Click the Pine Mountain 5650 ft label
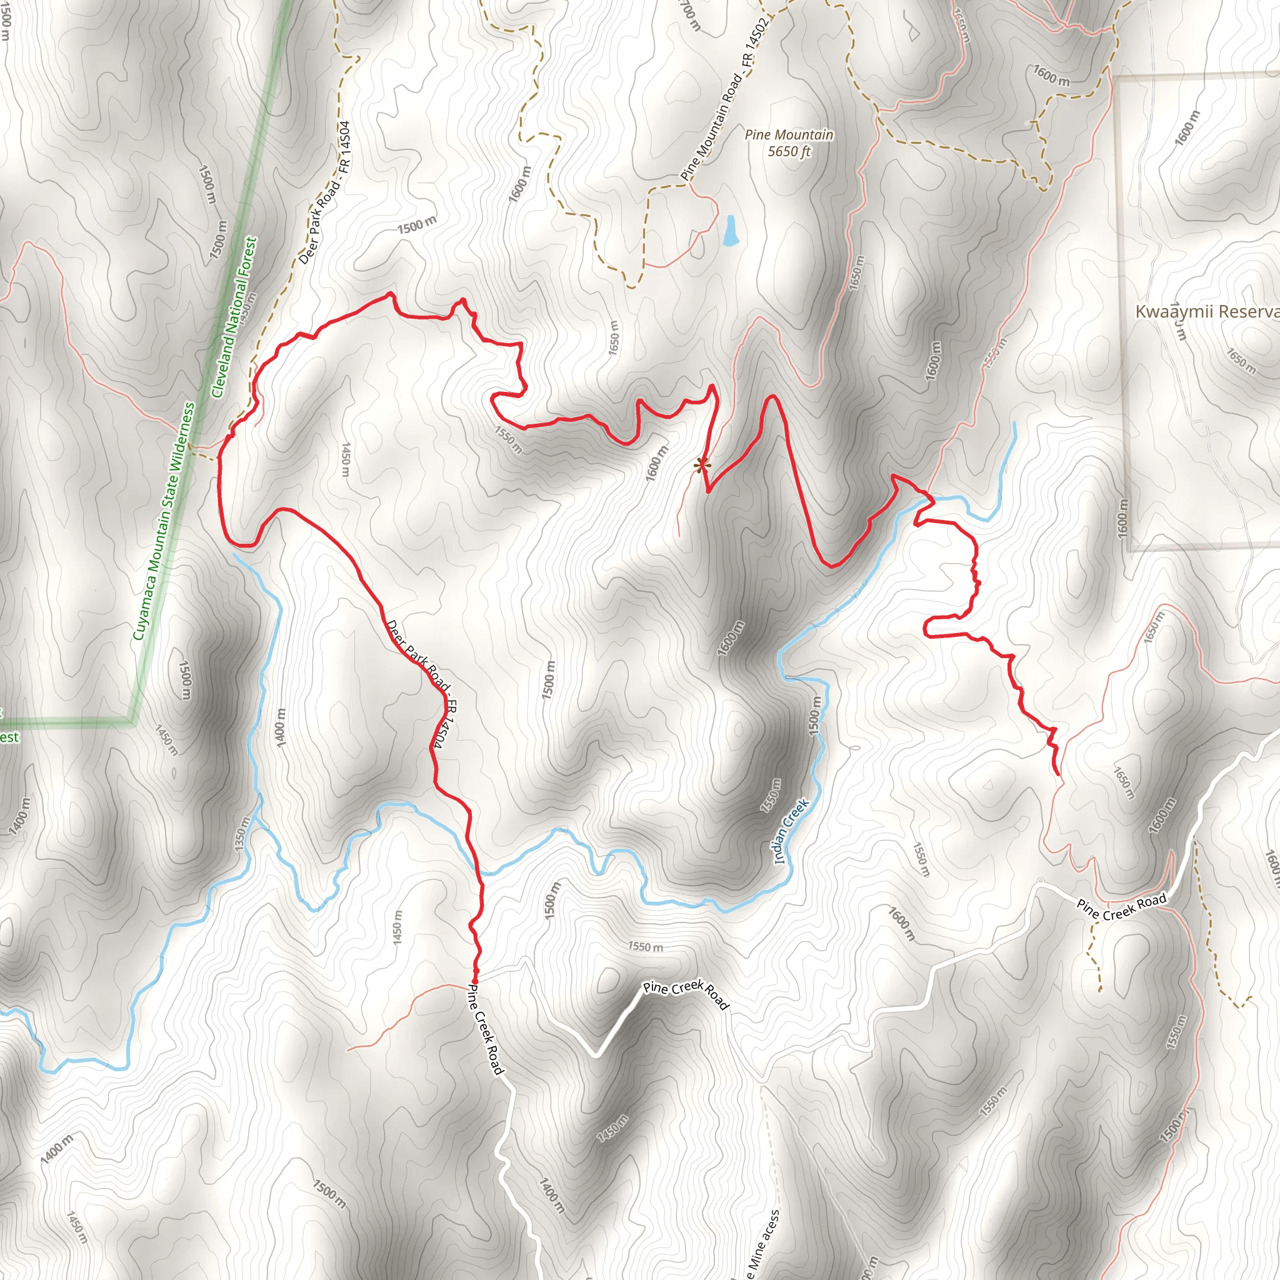coord(788,143)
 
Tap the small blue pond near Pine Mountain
coord(730,231)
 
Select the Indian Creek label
coord(791,831)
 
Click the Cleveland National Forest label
coord(234,317)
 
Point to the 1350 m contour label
coord(242,835)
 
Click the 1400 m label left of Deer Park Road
coord(281,728)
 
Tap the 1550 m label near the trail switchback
coord(508,439)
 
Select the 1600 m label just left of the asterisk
coord(658,462)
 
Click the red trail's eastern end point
coord(1057,773)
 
